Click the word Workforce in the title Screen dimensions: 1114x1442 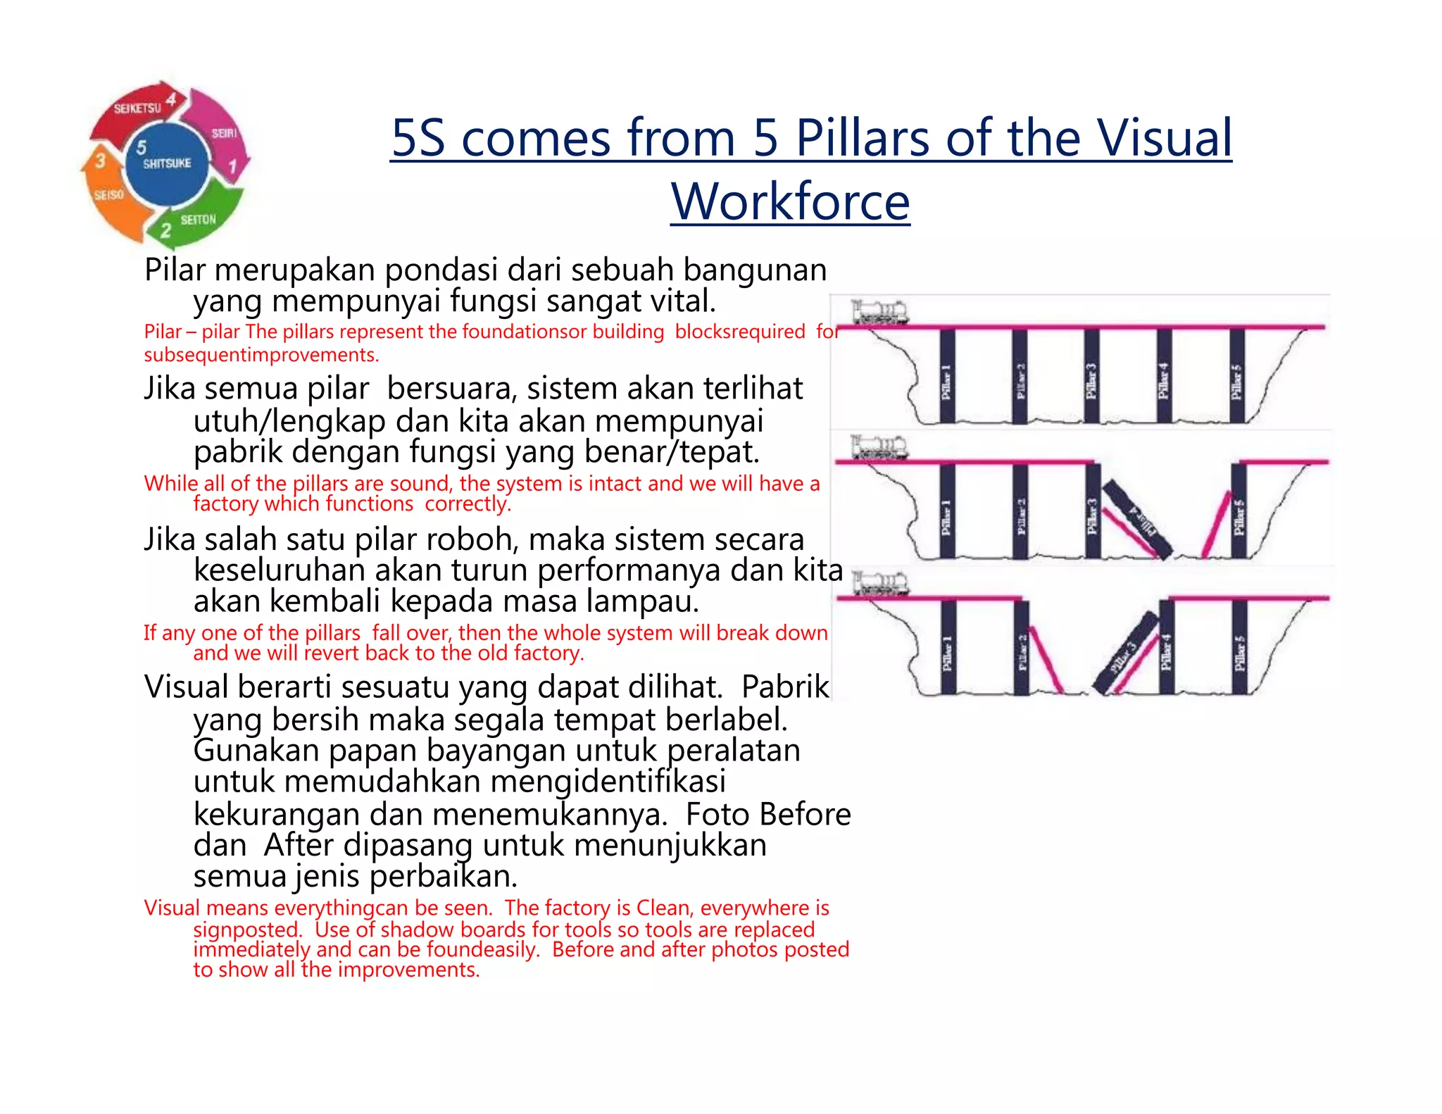[x=790, y=201]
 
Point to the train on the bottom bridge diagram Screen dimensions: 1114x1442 [x=880, y=584]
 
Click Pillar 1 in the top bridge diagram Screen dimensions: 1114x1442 [x=947, y=377]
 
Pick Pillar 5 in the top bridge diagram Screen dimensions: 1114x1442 [x=1236, y=377]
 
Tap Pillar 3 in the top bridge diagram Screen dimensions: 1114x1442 [x=1091, y=377]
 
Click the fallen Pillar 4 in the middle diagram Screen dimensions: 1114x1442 [x=1136, y=520]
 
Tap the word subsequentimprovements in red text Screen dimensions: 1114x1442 [x=261, y=355]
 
